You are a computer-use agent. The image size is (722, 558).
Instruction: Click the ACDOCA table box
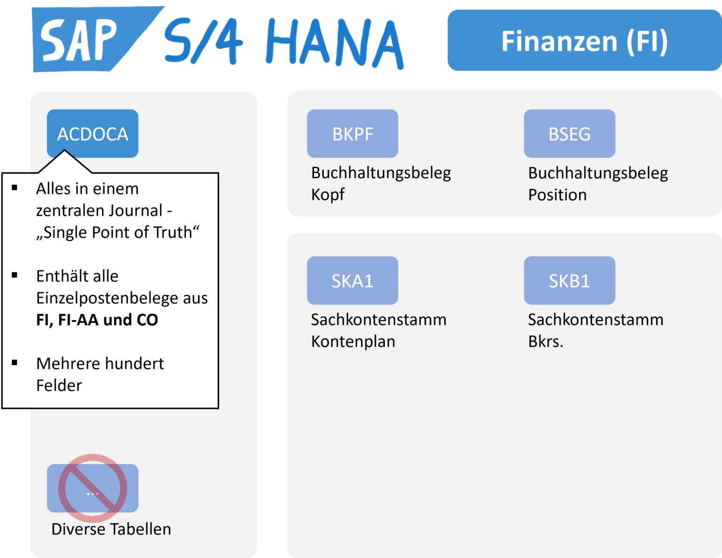coord(93,134)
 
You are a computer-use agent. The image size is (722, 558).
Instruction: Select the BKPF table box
coord(353,134)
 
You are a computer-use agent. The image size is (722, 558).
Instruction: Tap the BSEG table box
coord(569,134)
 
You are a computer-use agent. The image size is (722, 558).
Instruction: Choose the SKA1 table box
coord(353,281)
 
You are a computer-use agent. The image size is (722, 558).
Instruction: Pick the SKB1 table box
coord(569,281)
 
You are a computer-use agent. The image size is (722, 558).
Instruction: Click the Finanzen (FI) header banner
coord(584,40)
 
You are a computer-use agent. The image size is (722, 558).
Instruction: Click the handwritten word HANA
coord(334,43)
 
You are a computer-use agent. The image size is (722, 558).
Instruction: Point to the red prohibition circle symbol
coord(93,488)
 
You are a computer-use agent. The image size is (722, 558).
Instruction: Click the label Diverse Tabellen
coord(111,529)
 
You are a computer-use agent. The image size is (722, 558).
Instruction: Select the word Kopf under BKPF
coord(328,194)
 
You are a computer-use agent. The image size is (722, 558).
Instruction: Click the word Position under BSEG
coord(557,195)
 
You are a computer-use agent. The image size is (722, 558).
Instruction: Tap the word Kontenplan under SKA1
coord(353,341)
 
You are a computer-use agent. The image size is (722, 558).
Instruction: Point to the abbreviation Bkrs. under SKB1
coord(545,341)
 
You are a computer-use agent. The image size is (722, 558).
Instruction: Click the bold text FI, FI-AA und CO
coord(97,320)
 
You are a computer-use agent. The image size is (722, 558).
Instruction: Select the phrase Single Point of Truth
coord(118,232)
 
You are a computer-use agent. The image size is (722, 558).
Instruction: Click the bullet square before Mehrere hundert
coord(15,362)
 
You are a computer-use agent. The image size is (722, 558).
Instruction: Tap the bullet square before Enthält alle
coord(15,275)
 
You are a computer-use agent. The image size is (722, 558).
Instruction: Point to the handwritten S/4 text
coord(203,43)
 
